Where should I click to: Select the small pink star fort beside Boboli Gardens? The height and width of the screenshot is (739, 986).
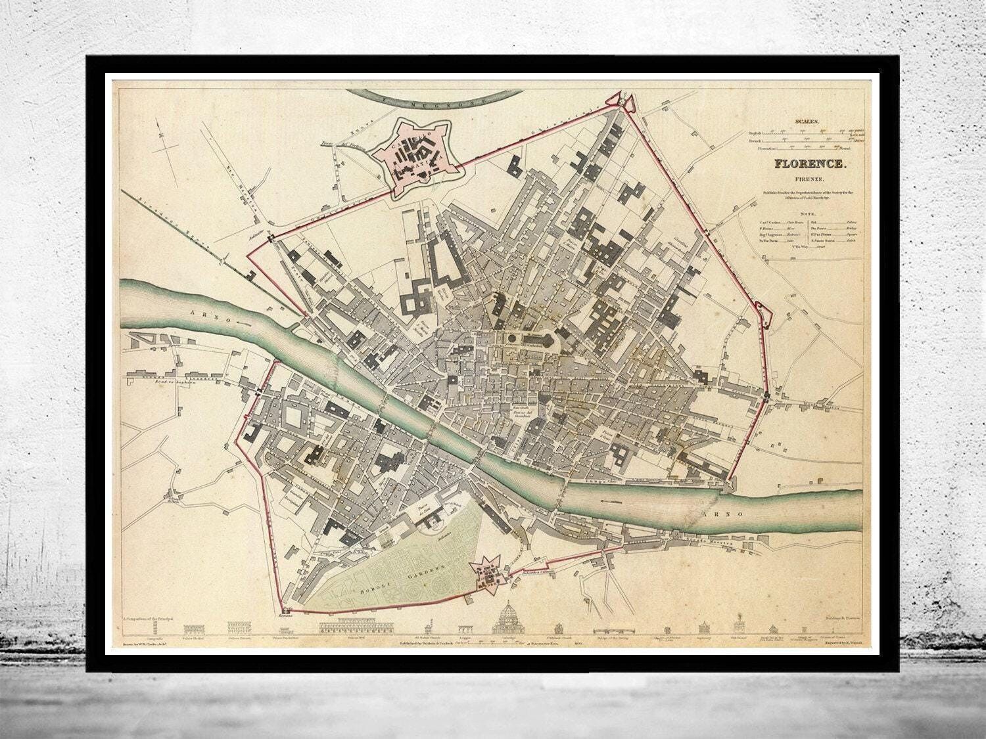[x=488, y=576]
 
